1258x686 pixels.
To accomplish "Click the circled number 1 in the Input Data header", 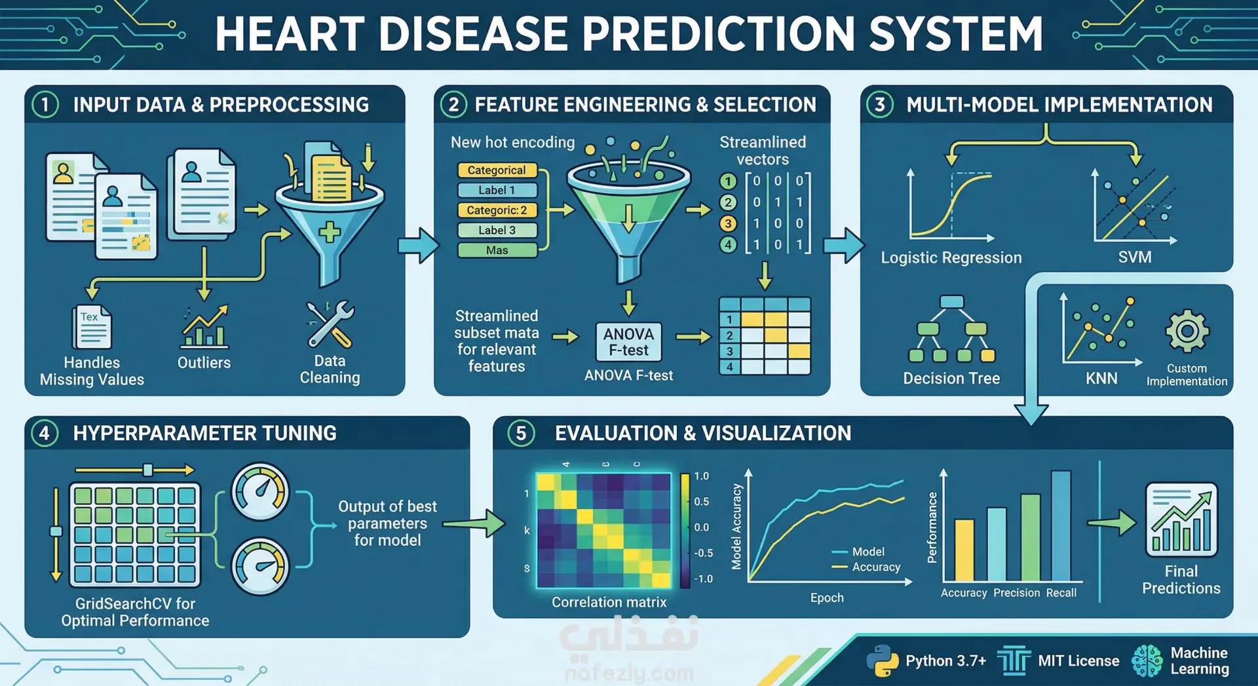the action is [45, 105].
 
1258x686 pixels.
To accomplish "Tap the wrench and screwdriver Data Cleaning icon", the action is [330, 324].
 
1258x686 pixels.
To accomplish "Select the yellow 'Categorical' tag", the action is [497, 170].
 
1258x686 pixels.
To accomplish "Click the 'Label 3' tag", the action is [497, 230].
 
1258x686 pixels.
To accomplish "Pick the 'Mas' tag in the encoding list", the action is [497, 250].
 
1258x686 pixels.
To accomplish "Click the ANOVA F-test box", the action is [628, 341].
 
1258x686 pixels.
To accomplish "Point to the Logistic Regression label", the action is [951, 257].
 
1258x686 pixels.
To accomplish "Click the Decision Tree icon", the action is [951, 329].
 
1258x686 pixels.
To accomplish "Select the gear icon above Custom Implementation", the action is [1187, 331].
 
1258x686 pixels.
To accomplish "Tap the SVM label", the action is [1135, 257].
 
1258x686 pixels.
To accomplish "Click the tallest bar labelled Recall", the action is [1061, 525].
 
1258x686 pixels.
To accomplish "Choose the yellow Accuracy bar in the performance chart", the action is [964, 550].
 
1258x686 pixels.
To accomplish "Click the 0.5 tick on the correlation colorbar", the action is [701, 501].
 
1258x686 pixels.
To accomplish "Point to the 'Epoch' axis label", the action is [827, 598].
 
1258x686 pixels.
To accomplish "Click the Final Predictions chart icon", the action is [1181, 520].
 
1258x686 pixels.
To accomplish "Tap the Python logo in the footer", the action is [882, 660].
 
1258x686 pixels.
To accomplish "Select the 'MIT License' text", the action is [1078, 660].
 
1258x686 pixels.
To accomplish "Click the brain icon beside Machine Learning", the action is [1147, 660].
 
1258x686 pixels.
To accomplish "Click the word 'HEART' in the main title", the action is [290, 33].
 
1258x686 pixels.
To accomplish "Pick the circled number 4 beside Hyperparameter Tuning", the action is [45, 433].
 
